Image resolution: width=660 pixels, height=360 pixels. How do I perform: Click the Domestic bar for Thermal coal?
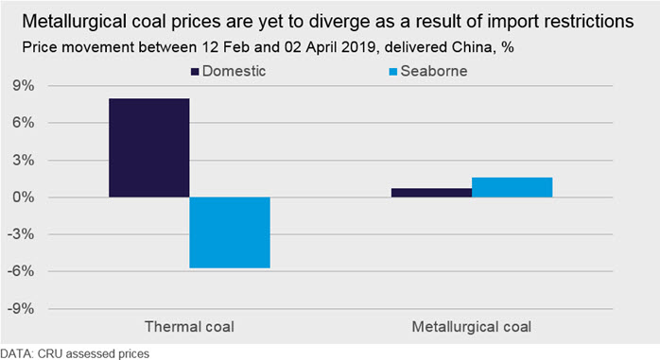(149, 147)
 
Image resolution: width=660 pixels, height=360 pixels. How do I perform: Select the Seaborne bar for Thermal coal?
(230, 232)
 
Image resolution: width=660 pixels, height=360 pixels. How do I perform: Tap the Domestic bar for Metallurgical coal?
(431, 193)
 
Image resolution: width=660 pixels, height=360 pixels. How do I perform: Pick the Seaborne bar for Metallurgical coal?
(512, 187)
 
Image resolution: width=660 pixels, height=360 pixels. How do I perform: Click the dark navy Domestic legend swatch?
(195, 72)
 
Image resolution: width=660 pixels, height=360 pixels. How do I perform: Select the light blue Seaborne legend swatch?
(393, 72)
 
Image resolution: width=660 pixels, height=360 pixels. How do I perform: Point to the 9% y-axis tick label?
(23, 86)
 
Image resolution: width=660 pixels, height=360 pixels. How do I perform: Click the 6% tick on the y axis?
(23, 123)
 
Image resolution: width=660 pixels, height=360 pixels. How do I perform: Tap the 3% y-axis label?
(23, 161)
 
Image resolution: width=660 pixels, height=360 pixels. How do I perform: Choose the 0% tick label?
(23, 197)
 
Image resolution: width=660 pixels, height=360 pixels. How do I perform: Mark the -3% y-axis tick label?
(21, 234)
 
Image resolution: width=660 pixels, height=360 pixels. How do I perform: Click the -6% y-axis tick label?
(21, 271)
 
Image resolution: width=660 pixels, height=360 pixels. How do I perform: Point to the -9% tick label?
(21, 309)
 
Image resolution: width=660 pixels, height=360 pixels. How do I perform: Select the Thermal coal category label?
(189, 327)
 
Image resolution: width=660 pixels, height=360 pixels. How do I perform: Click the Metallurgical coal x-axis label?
(472, 327)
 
